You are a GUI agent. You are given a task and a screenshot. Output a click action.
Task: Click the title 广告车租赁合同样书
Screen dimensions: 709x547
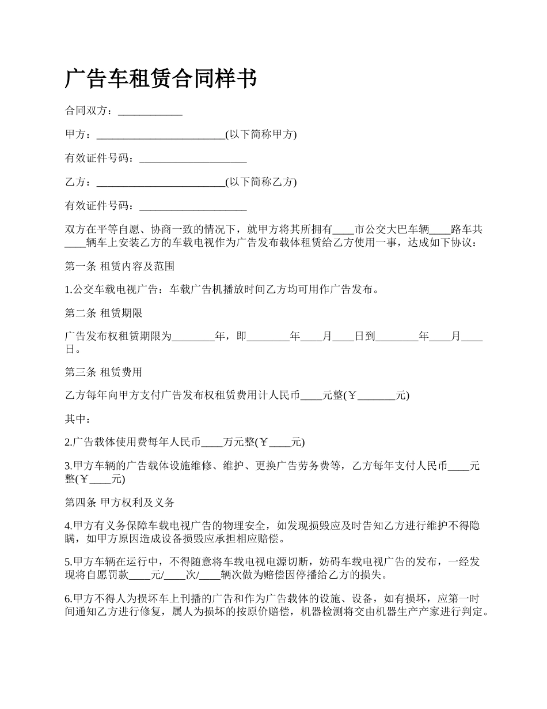coord(161,79)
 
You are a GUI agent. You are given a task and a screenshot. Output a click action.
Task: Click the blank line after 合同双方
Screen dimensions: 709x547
coord(150,111)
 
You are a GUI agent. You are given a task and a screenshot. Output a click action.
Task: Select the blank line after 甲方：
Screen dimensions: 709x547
coord(161,135)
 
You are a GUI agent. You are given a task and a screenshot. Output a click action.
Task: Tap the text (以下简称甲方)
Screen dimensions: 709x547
coord(261,135)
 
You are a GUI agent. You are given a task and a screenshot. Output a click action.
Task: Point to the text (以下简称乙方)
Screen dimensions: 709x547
coord(261,182)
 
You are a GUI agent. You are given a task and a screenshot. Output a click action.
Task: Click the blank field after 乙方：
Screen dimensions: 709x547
coord(161,182)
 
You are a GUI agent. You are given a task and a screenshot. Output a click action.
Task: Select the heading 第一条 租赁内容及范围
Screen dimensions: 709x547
coord(120,266)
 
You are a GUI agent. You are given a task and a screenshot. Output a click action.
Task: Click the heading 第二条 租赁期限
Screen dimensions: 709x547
coord(104,314)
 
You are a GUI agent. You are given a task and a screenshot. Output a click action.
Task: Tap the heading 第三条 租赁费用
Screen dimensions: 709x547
coord(104,372)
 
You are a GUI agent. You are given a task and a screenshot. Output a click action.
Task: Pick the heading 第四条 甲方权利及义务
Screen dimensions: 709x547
coord(120,502)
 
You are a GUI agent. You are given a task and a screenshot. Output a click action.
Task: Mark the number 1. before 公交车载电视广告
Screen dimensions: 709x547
coord(69,290)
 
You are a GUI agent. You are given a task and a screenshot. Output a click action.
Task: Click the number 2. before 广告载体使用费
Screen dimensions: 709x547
coord(69,443)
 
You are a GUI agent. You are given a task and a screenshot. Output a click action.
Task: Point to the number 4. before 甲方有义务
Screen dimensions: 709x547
coord(69,526)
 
